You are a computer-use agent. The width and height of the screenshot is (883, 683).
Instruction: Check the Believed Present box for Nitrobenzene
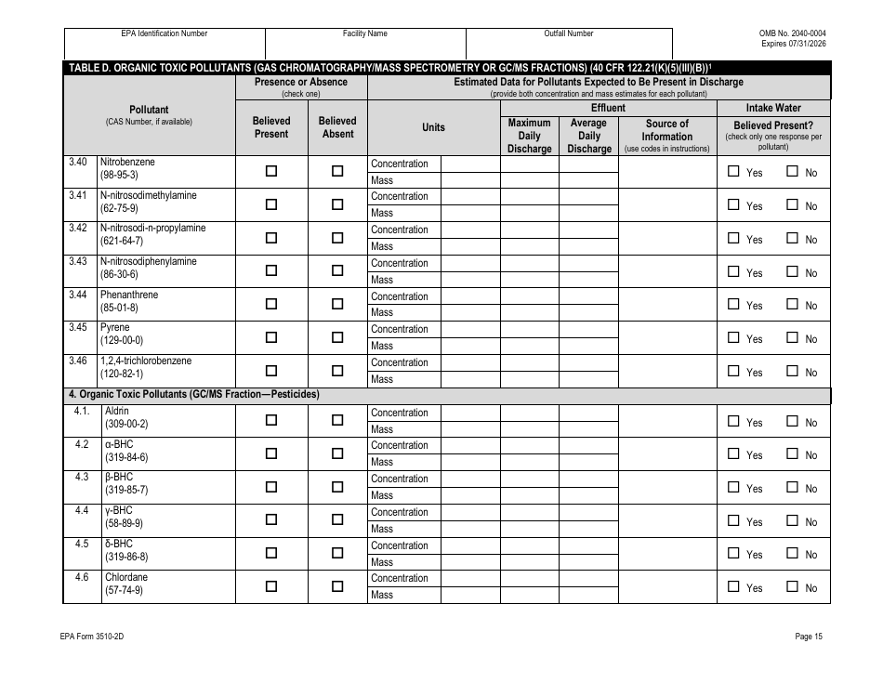pos(271,171)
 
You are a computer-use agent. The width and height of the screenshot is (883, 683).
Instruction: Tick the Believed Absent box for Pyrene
pos(337,336)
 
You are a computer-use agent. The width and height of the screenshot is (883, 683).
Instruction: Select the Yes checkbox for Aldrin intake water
pos(733,421)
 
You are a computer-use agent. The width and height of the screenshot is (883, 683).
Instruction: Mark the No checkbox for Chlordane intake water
pos(793,586)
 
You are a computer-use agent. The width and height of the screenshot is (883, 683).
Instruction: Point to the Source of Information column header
pos(666,136)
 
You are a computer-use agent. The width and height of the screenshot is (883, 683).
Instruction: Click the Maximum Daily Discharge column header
pos(529,136)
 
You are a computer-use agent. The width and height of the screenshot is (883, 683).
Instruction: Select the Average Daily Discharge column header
pos(588,136)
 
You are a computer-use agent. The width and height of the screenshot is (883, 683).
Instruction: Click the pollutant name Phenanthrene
pos(129,295)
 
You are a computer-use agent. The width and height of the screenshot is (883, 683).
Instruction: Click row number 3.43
pos(78,261)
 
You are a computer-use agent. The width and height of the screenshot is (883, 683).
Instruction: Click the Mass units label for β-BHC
pos(382,495)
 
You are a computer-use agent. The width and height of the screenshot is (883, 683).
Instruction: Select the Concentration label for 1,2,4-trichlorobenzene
pos(400,362)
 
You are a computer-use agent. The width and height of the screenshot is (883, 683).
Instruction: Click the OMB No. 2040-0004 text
pos(793,33)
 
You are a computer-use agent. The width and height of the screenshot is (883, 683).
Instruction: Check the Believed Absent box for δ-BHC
pos(337,553)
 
